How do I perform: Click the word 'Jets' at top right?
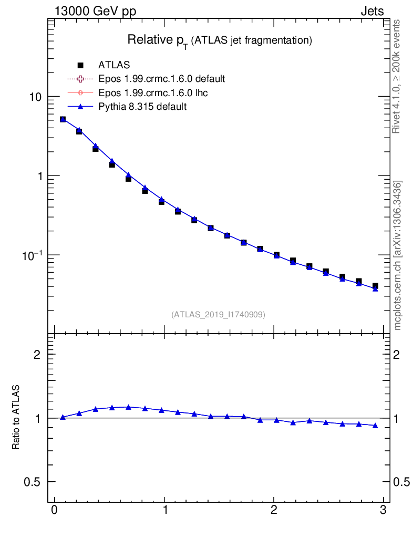371,12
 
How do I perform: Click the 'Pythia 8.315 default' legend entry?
142,107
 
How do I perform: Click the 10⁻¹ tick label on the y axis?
32,255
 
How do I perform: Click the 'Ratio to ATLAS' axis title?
16,418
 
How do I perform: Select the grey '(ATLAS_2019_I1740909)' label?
218,315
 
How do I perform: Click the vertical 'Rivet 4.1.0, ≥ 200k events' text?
397,76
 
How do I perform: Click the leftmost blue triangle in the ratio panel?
63,417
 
